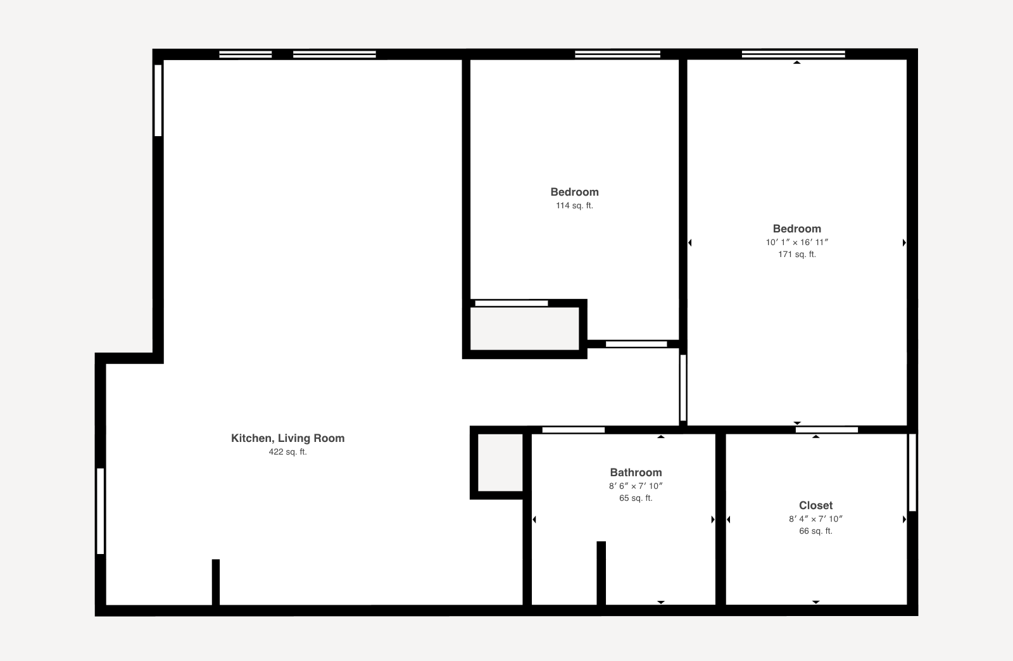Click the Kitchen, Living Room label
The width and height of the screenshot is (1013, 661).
tap(287, 438)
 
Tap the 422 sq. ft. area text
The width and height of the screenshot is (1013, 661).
tap(287, 452)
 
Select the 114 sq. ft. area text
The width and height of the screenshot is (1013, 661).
tap(574, 206)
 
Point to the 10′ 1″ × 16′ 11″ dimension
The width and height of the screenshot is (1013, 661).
tap(796, 242)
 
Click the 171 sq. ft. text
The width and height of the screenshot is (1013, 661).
tap(796, 255)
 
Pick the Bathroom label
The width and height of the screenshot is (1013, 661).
tap(636, 472)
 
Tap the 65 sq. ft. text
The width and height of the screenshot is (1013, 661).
tap(636, 498)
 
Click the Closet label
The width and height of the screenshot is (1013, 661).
tap(815, 505)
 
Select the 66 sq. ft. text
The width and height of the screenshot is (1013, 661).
tap(815, 531)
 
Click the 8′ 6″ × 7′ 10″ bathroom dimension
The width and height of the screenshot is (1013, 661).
tap(636, 486)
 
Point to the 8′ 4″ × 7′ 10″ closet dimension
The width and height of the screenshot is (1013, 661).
tap(815, 519)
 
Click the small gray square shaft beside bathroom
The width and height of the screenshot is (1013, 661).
tap(500, 462)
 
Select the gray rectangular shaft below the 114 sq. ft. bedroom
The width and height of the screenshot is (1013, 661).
tap(524, 329)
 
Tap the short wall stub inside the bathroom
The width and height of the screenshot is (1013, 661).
tap(601, 573)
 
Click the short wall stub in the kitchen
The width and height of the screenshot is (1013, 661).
tap(216, 582)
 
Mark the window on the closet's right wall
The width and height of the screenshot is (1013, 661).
tap(912, 472)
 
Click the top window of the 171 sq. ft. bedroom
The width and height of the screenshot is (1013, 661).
tap(793, 54)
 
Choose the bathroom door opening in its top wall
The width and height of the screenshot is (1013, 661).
tap(574, 431)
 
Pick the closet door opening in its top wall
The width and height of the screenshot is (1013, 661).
tap(827, 431)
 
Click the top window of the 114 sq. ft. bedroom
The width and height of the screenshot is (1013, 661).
tap(617, 54)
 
